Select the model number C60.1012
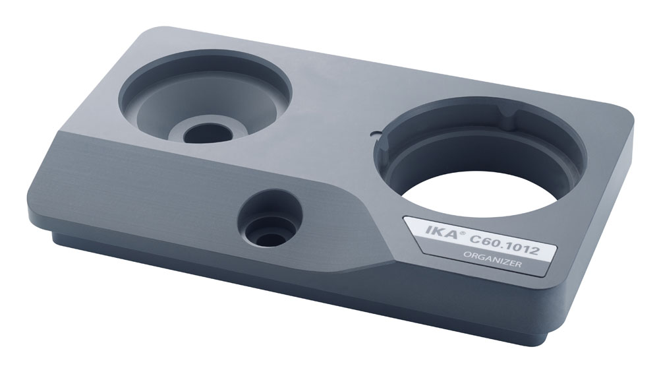coord(504,245)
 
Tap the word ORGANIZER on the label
coord(492,259)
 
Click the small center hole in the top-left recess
coord(208,133)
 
